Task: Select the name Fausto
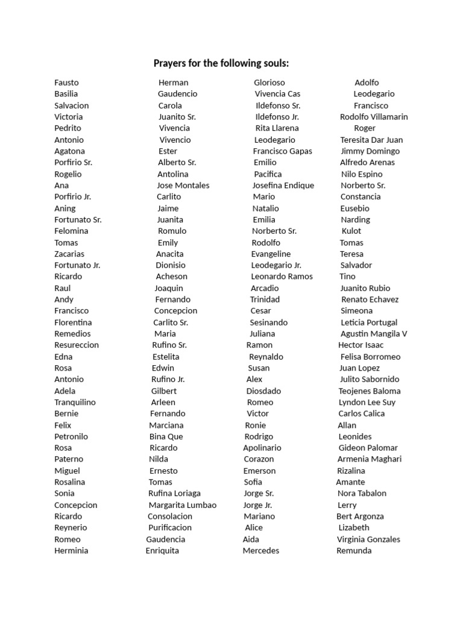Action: coord(66,83)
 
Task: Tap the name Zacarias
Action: coord(69,254)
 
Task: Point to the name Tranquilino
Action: coord(75,402)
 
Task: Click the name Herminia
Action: coord(71,550)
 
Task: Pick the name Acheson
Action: coord(171,277)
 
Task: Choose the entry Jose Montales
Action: coord(183,186)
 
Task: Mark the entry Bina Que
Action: coord(166,436)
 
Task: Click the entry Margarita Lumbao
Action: coord(182,505)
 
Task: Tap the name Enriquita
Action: coord(162,550)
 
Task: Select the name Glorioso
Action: coord(269,83)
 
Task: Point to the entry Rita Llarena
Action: coord(277,128)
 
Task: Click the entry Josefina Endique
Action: coord(283,186)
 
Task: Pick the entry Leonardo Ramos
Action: coord(282,277)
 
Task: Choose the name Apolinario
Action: coord(262,448)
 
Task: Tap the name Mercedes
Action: coord(261,550)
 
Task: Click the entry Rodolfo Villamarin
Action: coord(374,117)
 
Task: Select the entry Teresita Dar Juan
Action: coord(371,140)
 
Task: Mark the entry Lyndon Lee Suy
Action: coord(367,402)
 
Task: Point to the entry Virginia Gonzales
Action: coord(368,539)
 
